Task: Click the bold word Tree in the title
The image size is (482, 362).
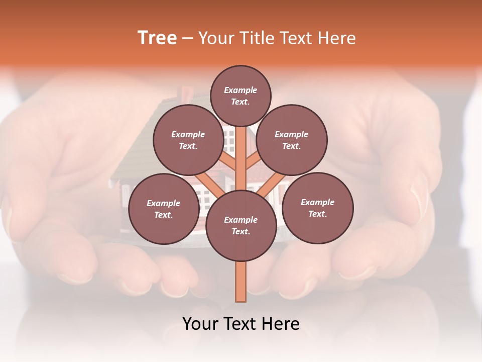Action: [x=157, y=38]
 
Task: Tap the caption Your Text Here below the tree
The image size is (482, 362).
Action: [x=241, y=324]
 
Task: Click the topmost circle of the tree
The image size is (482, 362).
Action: [x=240, y=96]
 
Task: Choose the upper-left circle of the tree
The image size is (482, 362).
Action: [x=188, y=140]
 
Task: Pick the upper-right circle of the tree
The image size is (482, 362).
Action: [x=292, y=140]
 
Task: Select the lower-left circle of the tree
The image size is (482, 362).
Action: [x=164, y=209]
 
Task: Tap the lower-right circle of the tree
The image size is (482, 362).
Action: [x=317, y=208]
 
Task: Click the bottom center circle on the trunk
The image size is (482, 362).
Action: [x=240, y=225]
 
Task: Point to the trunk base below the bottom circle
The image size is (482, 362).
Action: [x=241, y=282]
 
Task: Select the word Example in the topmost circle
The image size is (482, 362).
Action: [x=240, y=90]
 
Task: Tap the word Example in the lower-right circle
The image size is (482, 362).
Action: [x=317, y=202]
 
